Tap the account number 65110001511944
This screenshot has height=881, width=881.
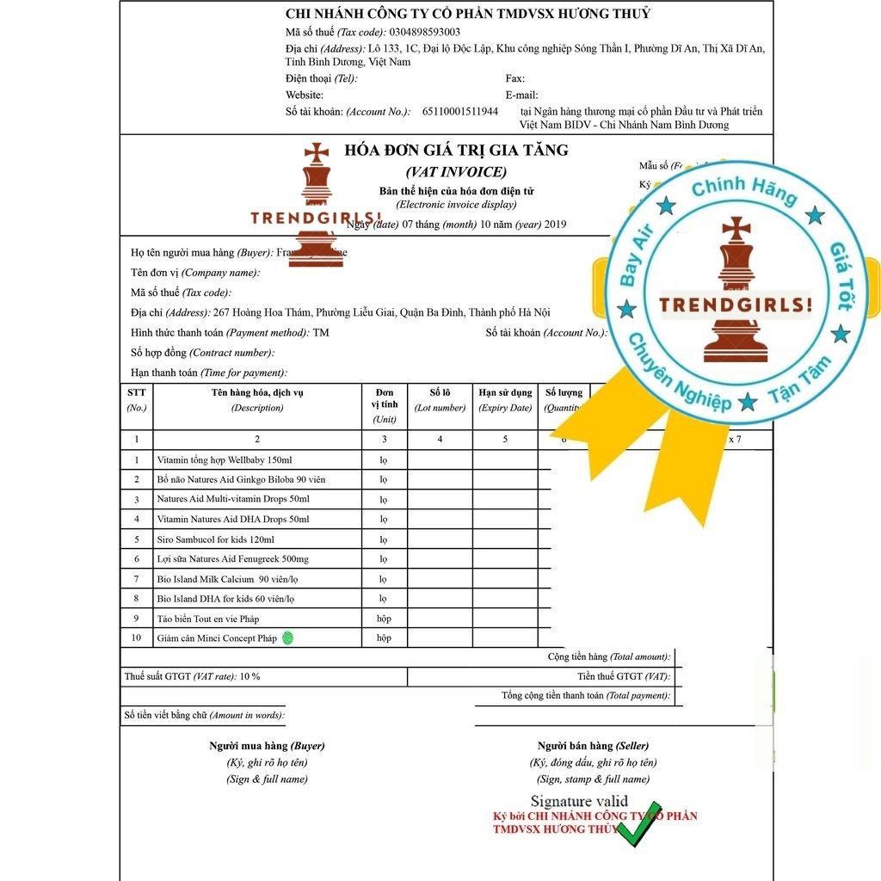pyautogui.click(x=459, y=112)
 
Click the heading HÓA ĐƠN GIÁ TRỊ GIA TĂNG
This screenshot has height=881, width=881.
pyautogui.click(x=456, y=151)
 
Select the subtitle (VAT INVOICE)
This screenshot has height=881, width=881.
pyautogui.click(x=456, y=171)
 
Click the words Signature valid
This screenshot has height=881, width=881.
pyautogui.click(x=579, y=802)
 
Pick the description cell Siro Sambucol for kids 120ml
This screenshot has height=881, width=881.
pyautogui.click(x=215, y=539)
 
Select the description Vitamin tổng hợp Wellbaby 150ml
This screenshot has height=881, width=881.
pyautogui.click(x=224, y=460)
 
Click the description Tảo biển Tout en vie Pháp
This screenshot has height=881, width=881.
pyautogui.click(x=207, y=619)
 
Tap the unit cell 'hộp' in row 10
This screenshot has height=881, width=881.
pyautogui.click(x=384, y=638)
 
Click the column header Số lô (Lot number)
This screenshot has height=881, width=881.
pyautogui.click(x=440, y=400)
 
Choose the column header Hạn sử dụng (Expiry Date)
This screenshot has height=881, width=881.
pyautogui.click(x=505, y=400)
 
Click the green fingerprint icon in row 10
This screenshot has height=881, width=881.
pyautogui.click(x=288, y=638)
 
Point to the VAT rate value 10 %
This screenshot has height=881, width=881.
pyautogui.click(x=250, y=677)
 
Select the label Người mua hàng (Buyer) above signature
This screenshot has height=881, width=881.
pyautogui.click(x=267, y=746)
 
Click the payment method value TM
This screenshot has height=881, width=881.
pyautogui.click(x=321, y=333)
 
